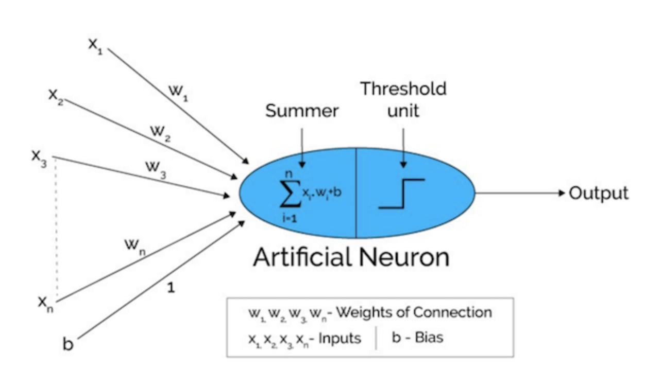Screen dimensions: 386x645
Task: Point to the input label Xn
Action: click(x=45, y=303)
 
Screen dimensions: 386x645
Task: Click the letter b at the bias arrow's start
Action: click(x=68, y=344)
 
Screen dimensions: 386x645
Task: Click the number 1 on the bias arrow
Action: click(x=171, y=288)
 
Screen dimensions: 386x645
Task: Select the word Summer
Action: click(x=302, y=111)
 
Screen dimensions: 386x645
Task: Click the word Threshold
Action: click(x=403, y=89)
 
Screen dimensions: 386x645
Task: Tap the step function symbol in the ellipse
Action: click(x=401, y=194)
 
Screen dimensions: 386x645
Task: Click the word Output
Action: click(x=598, y=193)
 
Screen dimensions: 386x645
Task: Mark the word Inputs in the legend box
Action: click(x=339, y=338)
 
